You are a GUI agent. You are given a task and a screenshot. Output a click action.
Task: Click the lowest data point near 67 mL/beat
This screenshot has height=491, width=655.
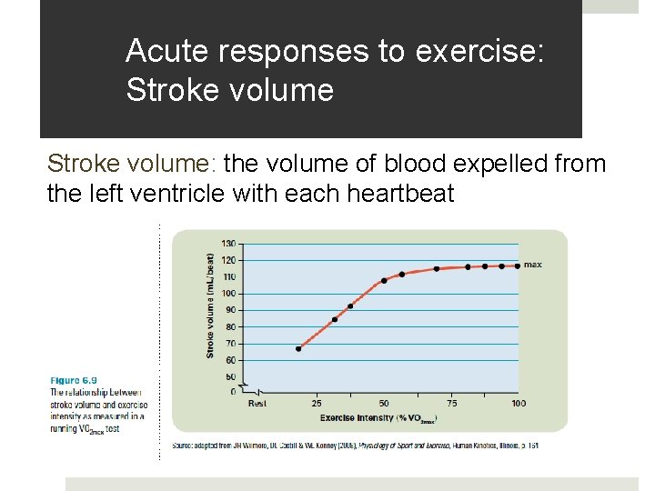[x=298, y=348]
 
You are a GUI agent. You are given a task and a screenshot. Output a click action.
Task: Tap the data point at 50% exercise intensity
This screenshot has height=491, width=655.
[x=384, y=280]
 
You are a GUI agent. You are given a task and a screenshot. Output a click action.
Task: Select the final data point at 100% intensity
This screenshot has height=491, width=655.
[x=517, y=266]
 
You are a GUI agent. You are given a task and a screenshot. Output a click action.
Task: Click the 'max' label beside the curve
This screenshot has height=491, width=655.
[x=533, y=265]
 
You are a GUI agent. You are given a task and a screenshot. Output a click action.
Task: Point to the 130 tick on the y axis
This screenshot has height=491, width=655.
[x=227, y=244]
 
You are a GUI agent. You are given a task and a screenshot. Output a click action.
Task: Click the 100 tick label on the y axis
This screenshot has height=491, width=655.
[x=227, y=294]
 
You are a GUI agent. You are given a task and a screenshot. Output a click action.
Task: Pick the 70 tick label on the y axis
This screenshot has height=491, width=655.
[x=229, y=344]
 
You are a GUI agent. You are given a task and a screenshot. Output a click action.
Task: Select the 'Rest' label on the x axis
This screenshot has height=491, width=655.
[x=257, y=403]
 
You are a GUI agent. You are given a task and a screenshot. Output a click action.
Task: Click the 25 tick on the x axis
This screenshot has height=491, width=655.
[x=317, y=403]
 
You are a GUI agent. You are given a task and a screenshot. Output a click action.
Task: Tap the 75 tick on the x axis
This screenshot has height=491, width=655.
[x=452, y=403]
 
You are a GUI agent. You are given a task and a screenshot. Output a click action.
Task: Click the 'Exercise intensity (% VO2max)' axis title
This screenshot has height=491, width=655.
[x=378, y=418]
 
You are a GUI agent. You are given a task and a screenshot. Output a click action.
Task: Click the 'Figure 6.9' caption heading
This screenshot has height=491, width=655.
[x=74, y=380]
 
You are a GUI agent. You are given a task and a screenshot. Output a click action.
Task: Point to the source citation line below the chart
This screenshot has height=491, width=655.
[x=355, y=446]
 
